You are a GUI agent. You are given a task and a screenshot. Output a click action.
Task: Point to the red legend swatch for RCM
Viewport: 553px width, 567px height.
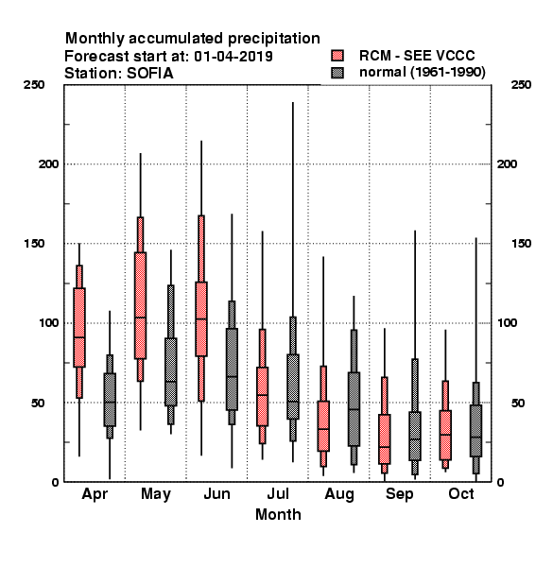337,56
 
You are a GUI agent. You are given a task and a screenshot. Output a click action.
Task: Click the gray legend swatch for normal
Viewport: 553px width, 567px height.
337,73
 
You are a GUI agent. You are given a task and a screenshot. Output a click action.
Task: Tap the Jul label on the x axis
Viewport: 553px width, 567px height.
278,494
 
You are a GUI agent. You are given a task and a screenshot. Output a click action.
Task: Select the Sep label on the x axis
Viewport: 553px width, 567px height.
399,494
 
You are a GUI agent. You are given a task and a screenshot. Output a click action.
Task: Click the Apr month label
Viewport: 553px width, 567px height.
95,494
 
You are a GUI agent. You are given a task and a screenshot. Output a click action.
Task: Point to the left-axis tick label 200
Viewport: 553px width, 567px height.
48,164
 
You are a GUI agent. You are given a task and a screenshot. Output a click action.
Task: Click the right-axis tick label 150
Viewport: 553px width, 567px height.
521,244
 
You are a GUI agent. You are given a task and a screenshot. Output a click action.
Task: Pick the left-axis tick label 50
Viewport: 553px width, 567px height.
38,403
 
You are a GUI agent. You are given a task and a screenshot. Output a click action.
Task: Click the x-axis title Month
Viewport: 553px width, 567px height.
278,515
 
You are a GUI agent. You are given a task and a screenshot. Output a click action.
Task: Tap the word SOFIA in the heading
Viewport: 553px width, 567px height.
150,74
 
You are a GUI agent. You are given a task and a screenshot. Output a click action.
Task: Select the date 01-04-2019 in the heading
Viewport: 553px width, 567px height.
233,57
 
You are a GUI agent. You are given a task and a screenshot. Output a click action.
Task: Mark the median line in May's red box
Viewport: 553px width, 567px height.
140,318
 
